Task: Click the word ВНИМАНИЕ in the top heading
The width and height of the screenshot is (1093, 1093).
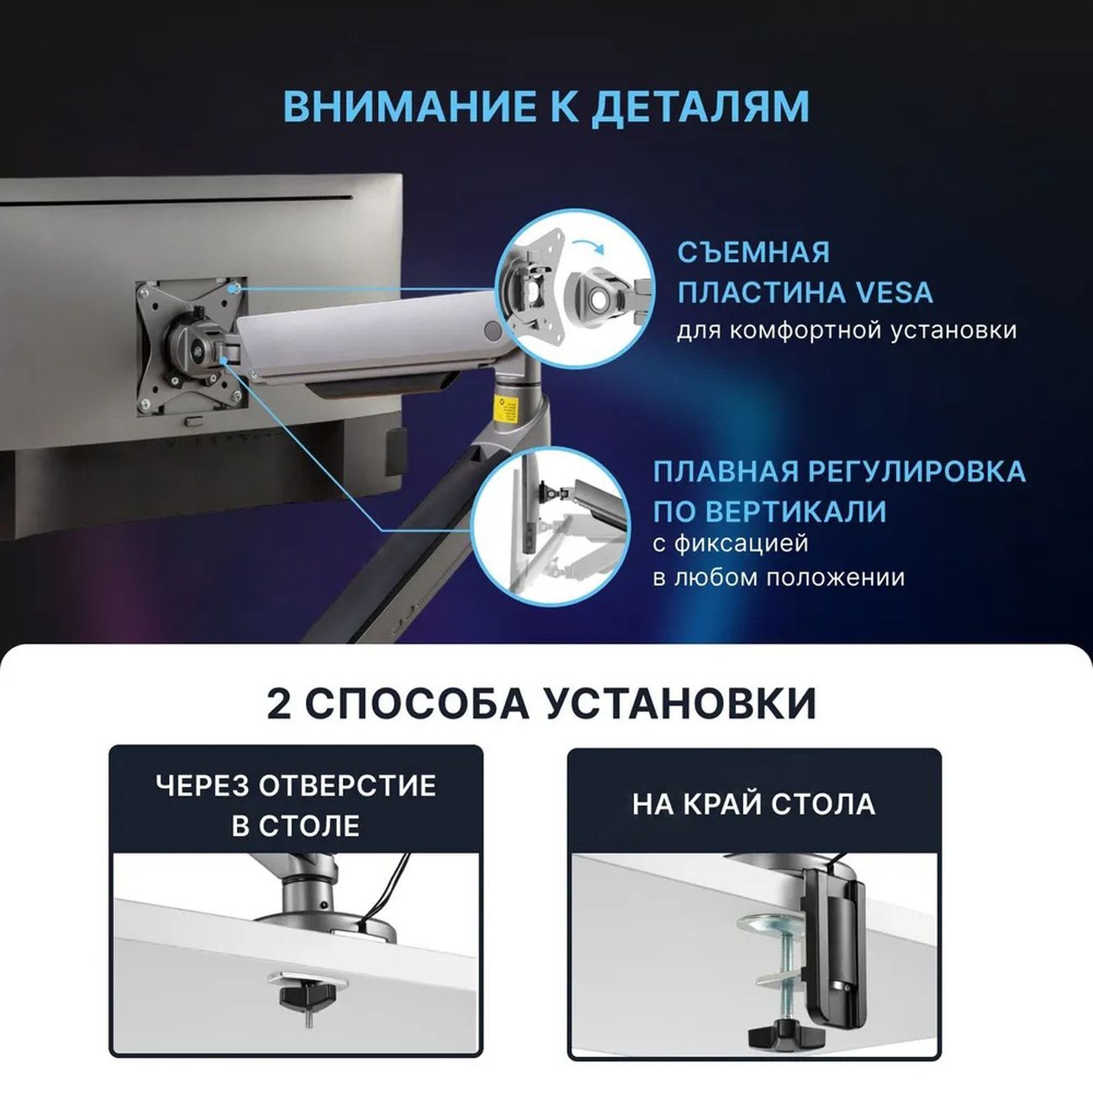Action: [409, 106]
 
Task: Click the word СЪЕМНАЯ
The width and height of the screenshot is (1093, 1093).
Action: [753, 252]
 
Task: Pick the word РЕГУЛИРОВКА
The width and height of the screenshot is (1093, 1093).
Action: [917, 471]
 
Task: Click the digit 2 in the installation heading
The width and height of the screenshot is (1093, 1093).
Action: [278, 704]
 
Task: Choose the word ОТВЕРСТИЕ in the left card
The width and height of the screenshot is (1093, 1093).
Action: [347, 785]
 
